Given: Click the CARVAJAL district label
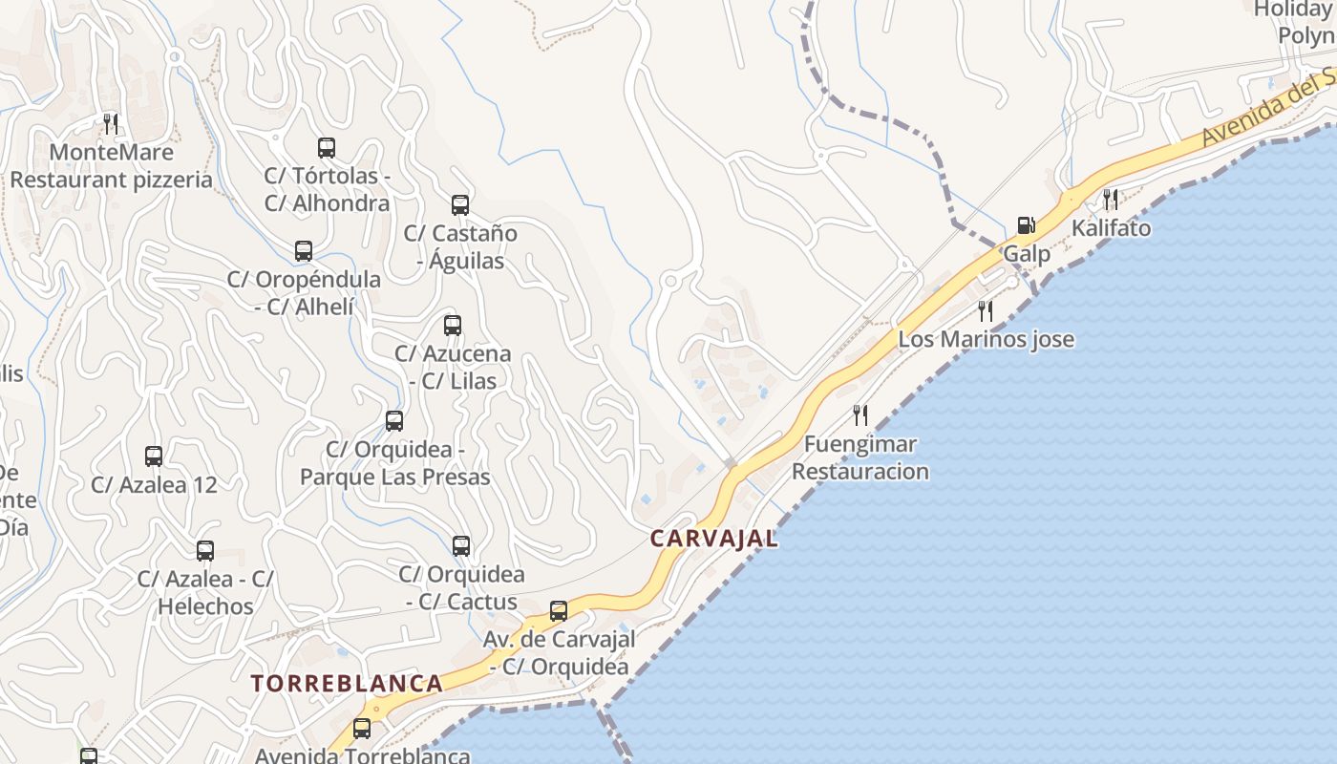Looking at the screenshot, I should (x=714, y=539).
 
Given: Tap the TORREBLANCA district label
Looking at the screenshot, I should (x=347, y=684).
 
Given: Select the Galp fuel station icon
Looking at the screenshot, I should (x=1027, y=225).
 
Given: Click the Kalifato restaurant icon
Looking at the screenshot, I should (x=1111, y=200).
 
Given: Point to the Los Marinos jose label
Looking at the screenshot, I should (x=986, y=339).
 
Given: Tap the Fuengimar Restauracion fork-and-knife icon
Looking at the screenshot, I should (x=860, y=414).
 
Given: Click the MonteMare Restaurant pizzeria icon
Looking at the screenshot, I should (x=111, y=123).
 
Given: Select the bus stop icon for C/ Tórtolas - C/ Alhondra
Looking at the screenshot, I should (x=327, y=148).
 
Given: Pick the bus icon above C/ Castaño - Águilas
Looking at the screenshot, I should (x=460, y=205).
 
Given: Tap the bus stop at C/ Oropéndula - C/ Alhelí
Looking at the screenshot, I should (x=304, y=251).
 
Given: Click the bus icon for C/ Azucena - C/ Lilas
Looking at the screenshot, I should (x=453, y=326).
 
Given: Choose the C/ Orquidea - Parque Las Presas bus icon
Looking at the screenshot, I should (x=394, y=421).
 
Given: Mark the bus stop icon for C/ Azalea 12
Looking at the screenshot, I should (x=154, y=456).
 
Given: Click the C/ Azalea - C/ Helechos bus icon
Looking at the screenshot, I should (x=205, y=551).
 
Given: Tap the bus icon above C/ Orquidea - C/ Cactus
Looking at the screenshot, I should (x=461, y=546).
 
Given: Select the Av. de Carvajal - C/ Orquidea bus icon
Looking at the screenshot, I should (x=559, y=611).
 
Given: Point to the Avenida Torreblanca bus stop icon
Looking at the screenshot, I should (x=362, y=729).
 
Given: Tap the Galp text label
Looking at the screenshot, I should (x=1027, y=254).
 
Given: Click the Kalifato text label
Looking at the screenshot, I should (x=1111, y=228).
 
